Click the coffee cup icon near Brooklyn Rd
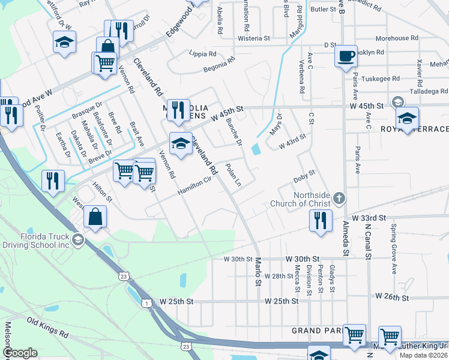pyautogui.click(x=345, y=56)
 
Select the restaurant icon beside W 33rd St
pyautogui.click(x=321, y=220)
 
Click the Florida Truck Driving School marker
pyautogui.click(x=77, y=240)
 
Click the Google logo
pyautogui.click(x=21, y=353)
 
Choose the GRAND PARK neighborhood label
pyautogui.click(x=316, y=331)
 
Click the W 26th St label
pyautogui.click(x=392, y=297)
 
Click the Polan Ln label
pyautogui.click(x=233, y=175)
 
